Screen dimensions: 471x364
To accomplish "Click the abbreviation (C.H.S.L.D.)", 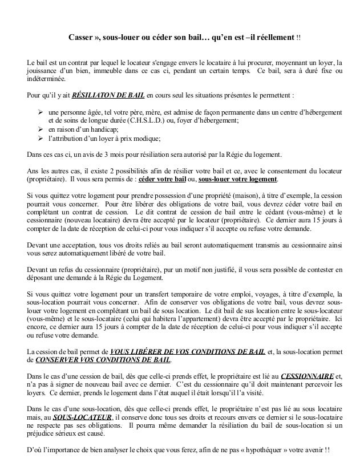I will [x=137, y=120].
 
